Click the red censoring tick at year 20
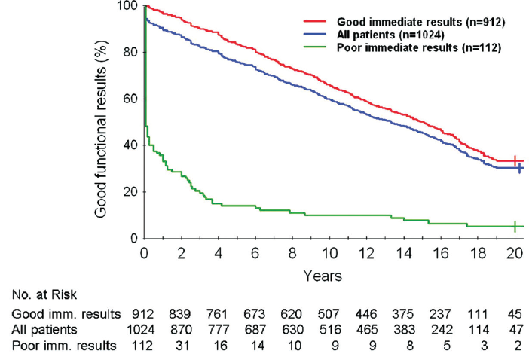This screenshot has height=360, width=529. (515, 160)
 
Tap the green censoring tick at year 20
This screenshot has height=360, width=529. (515, 226)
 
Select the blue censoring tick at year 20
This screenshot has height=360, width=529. (519, 168)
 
